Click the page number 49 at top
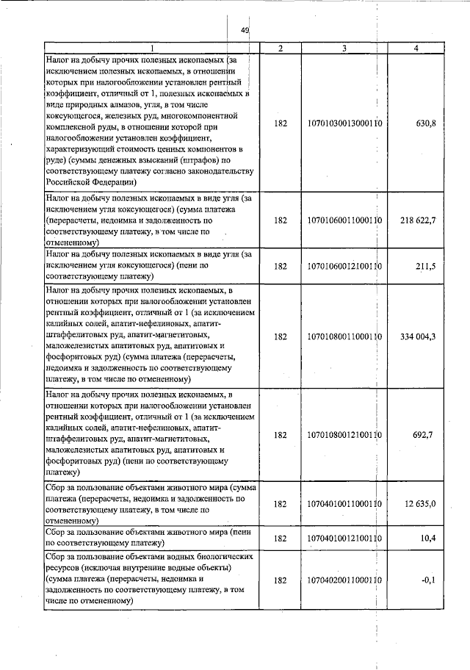[x=245, y=30]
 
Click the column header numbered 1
[x=152, y=48]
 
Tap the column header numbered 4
[x=416, y=48]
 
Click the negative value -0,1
[x=429, y=580]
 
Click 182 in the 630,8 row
[x=280, y=123]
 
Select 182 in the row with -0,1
[x=280, y=580]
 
